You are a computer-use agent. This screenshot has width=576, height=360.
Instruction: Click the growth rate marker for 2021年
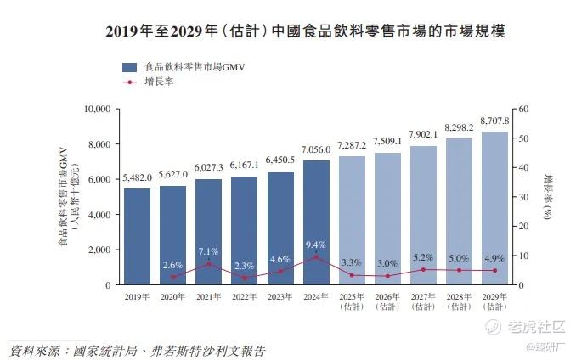[x=209, y=264]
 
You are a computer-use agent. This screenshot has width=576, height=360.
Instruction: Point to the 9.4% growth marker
[x=316, y=257]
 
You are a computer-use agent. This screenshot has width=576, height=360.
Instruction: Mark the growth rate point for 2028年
[x=459, y=270]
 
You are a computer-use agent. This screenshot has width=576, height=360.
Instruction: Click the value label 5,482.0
[x=137, y=177]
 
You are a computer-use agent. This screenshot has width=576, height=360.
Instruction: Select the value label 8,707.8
[x=494, y=121]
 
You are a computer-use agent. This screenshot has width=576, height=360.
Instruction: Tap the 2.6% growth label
[x=172, y=265]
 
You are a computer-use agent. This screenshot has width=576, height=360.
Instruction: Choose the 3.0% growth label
[x=387, y=263]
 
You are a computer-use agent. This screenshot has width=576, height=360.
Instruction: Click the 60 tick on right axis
[x=524, y=109]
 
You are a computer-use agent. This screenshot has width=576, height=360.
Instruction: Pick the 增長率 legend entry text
[x=160, y=82]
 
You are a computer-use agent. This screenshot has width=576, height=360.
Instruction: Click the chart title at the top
[x=287, y=32]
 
